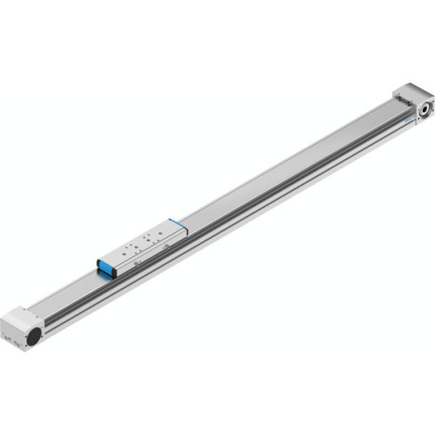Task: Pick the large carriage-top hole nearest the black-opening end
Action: (x=123, y=254)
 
